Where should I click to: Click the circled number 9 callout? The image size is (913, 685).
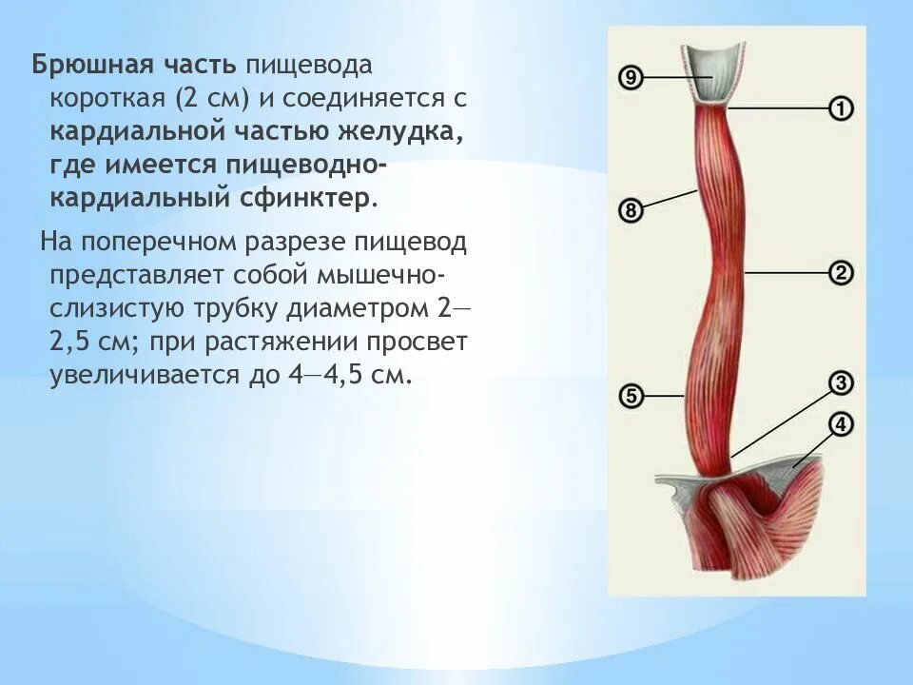[x=629, y=77]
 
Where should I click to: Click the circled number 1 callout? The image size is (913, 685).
[x=840, y=108]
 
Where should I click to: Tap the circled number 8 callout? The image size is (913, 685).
[x=629, y=210]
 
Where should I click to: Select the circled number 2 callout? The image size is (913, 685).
[x=840, y=273]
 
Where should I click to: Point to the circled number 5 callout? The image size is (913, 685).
[x=629, y=394]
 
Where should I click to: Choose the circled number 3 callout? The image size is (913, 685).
[x=840, y=383]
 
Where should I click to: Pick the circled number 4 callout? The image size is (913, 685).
[x=840, y=424]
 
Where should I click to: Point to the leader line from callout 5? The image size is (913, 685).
[x=665, y=394]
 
